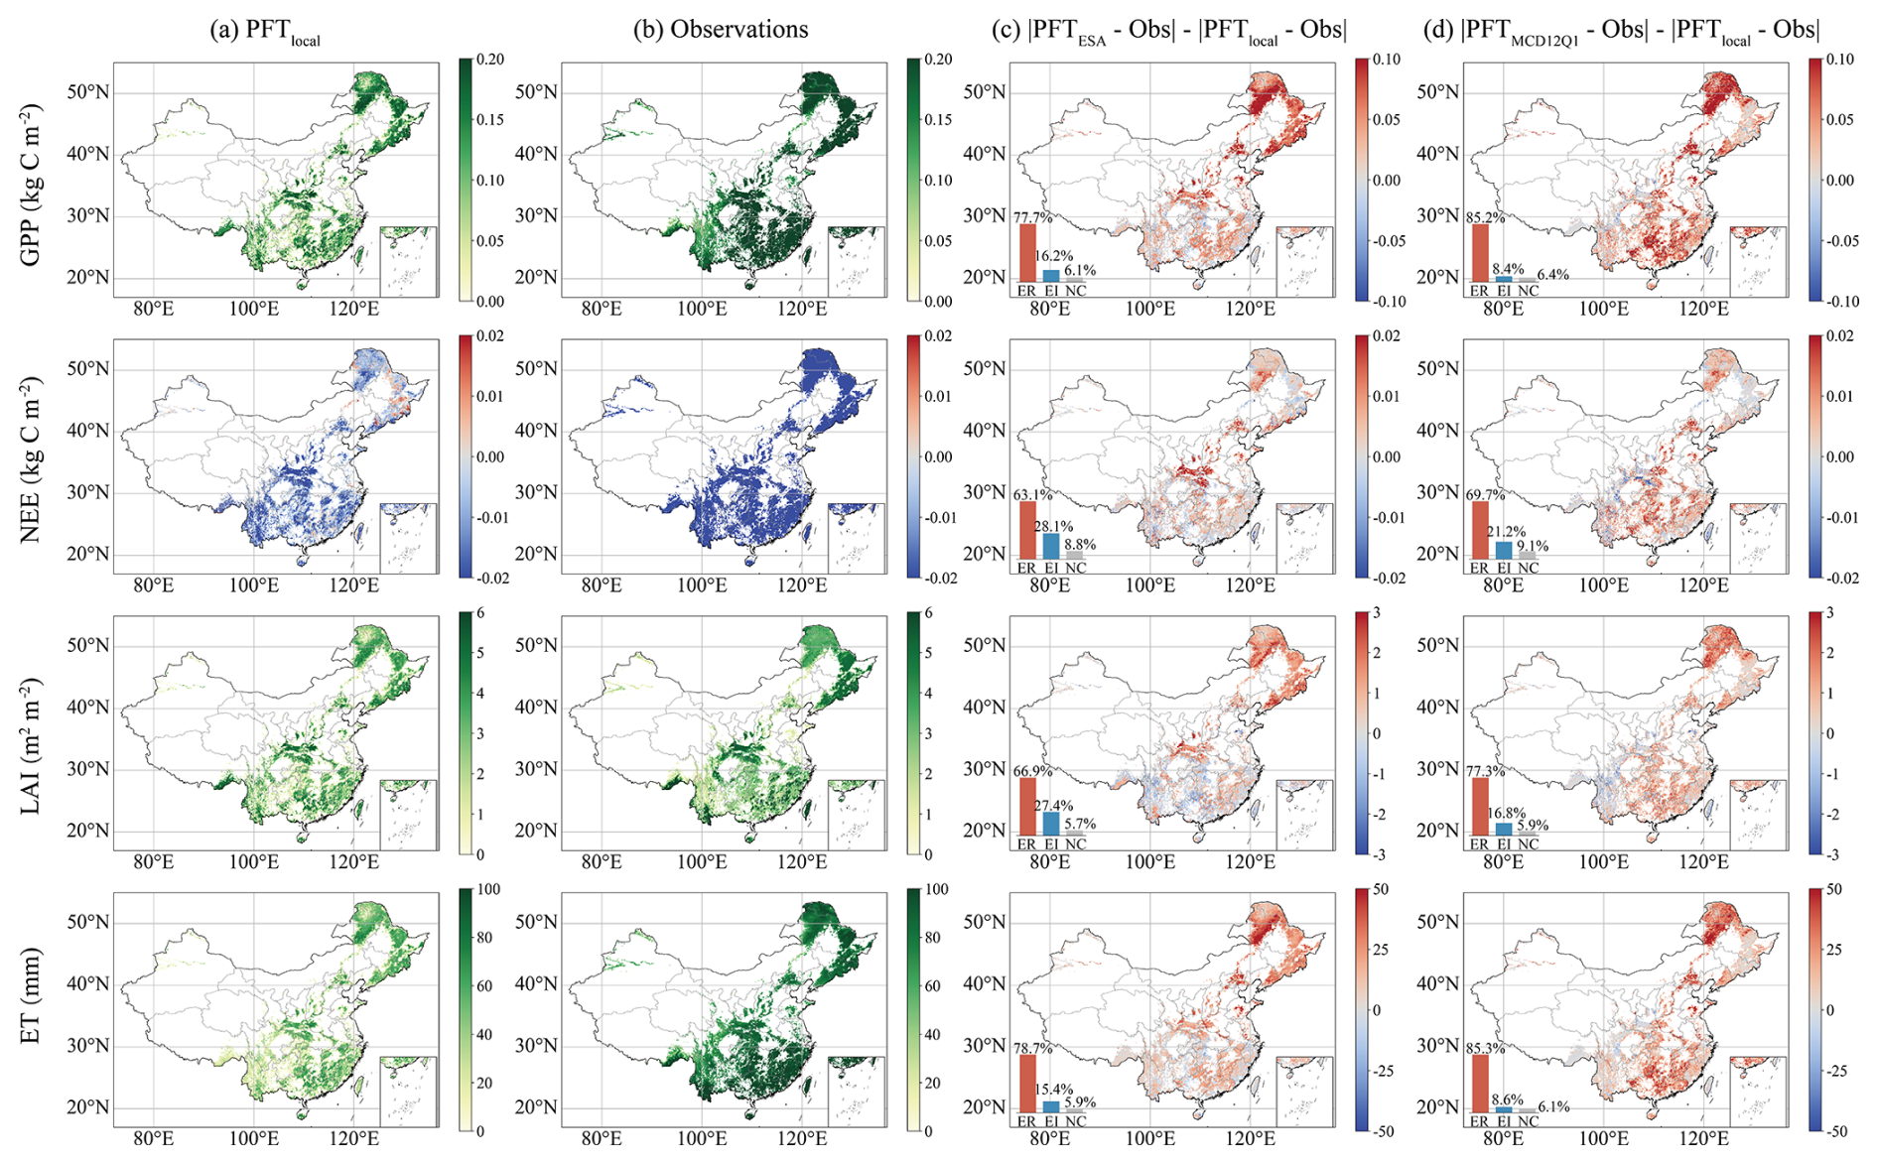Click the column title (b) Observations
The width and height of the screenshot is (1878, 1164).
[x=721, y=30]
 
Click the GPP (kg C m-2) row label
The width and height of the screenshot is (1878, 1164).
[x=32, y=185]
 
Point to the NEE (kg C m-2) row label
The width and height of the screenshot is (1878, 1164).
[x=32, y=459]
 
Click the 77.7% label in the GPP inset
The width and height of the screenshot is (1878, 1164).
[x=1033, y=217]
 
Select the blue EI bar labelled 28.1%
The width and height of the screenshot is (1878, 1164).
[x=1051, y=546]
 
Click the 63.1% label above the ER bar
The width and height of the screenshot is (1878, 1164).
[x=1033, y=494]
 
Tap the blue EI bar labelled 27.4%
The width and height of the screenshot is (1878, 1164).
[x=1051, y=824]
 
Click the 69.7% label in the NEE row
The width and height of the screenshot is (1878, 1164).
[x=1486, y=494]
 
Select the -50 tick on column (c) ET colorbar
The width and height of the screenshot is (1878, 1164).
[x=1386, y=1131]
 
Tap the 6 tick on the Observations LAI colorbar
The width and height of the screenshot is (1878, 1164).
[x=933, y=613]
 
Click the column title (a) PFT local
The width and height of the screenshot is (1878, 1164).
[x=265, y=31]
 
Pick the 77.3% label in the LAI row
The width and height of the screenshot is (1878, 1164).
[x=1486, y=770]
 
